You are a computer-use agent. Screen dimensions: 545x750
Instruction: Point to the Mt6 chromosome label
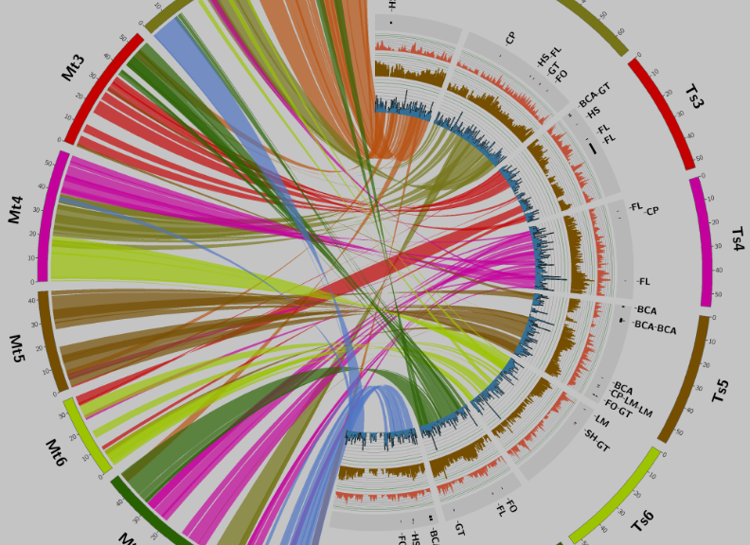coord(56,453)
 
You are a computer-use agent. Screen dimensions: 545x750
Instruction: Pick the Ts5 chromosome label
coord(721,391)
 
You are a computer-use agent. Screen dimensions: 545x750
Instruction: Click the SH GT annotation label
coord(597,440)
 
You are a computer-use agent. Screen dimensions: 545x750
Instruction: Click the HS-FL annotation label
coord(549,56)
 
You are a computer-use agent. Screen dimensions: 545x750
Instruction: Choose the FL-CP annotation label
coord(644,208)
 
